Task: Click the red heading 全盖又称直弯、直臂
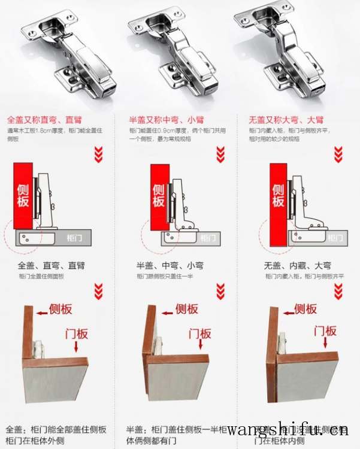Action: pyautogui.click(x=44, y=120)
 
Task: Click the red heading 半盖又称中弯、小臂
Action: pyautogui.click(x=167, y=120)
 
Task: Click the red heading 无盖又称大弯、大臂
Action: pyautogui.click(x=286, y=120)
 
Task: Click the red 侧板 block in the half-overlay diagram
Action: pyautogui.click(x=158, y=196)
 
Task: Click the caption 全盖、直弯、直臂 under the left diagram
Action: pyautogui.click(x=52, y=265)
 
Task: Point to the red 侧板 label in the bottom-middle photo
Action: pyautogui.click(x=186, y=309)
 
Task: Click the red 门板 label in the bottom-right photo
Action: pyautogui.click(x=323, y=330)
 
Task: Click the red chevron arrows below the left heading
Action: pyautogui.click(x=99, y=156)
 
